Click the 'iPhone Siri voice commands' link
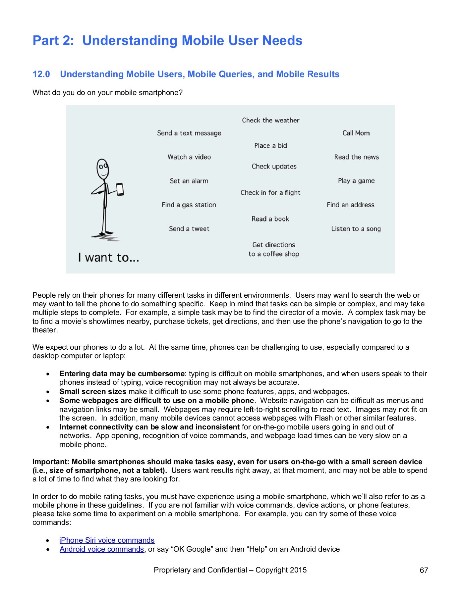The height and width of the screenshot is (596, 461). pos(107,540)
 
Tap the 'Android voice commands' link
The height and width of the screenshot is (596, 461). pos(102,549)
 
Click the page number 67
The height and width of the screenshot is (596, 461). pos(424,570)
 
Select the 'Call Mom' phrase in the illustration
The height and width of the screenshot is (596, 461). pos(356,133)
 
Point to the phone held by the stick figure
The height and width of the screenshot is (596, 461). pos(120,189)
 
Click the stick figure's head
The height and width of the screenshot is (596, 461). pos(102,169)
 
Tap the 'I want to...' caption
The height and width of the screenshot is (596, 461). pos(108,258)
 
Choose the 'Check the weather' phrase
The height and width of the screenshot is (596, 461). pos(270,121)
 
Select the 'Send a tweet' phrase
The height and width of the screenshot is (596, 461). pos(189,229)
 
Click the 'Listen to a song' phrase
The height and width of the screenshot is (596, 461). pos(356,229)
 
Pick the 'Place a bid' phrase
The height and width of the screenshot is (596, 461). pos(270,146)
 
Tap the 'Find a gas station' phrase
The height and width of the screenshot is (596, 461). pos(189,205)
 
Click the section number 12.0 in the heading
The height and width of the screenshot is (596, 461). pos(41,74)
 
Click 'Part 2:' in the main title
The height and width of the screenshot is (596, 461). pos(53,41)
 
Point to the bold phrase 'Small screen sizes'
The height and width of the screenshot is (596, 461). pos(92,392)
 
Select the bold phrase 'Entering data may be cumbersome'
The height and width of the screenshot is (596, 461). pos(122,374)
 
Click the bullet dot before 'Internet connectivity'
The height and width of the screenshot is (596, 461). pos(48,427)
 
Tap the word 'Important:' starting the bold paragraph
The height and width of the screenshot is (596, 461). pos(51,462)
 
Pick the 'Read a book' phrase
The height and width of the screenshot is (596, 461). pos(270,219)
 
